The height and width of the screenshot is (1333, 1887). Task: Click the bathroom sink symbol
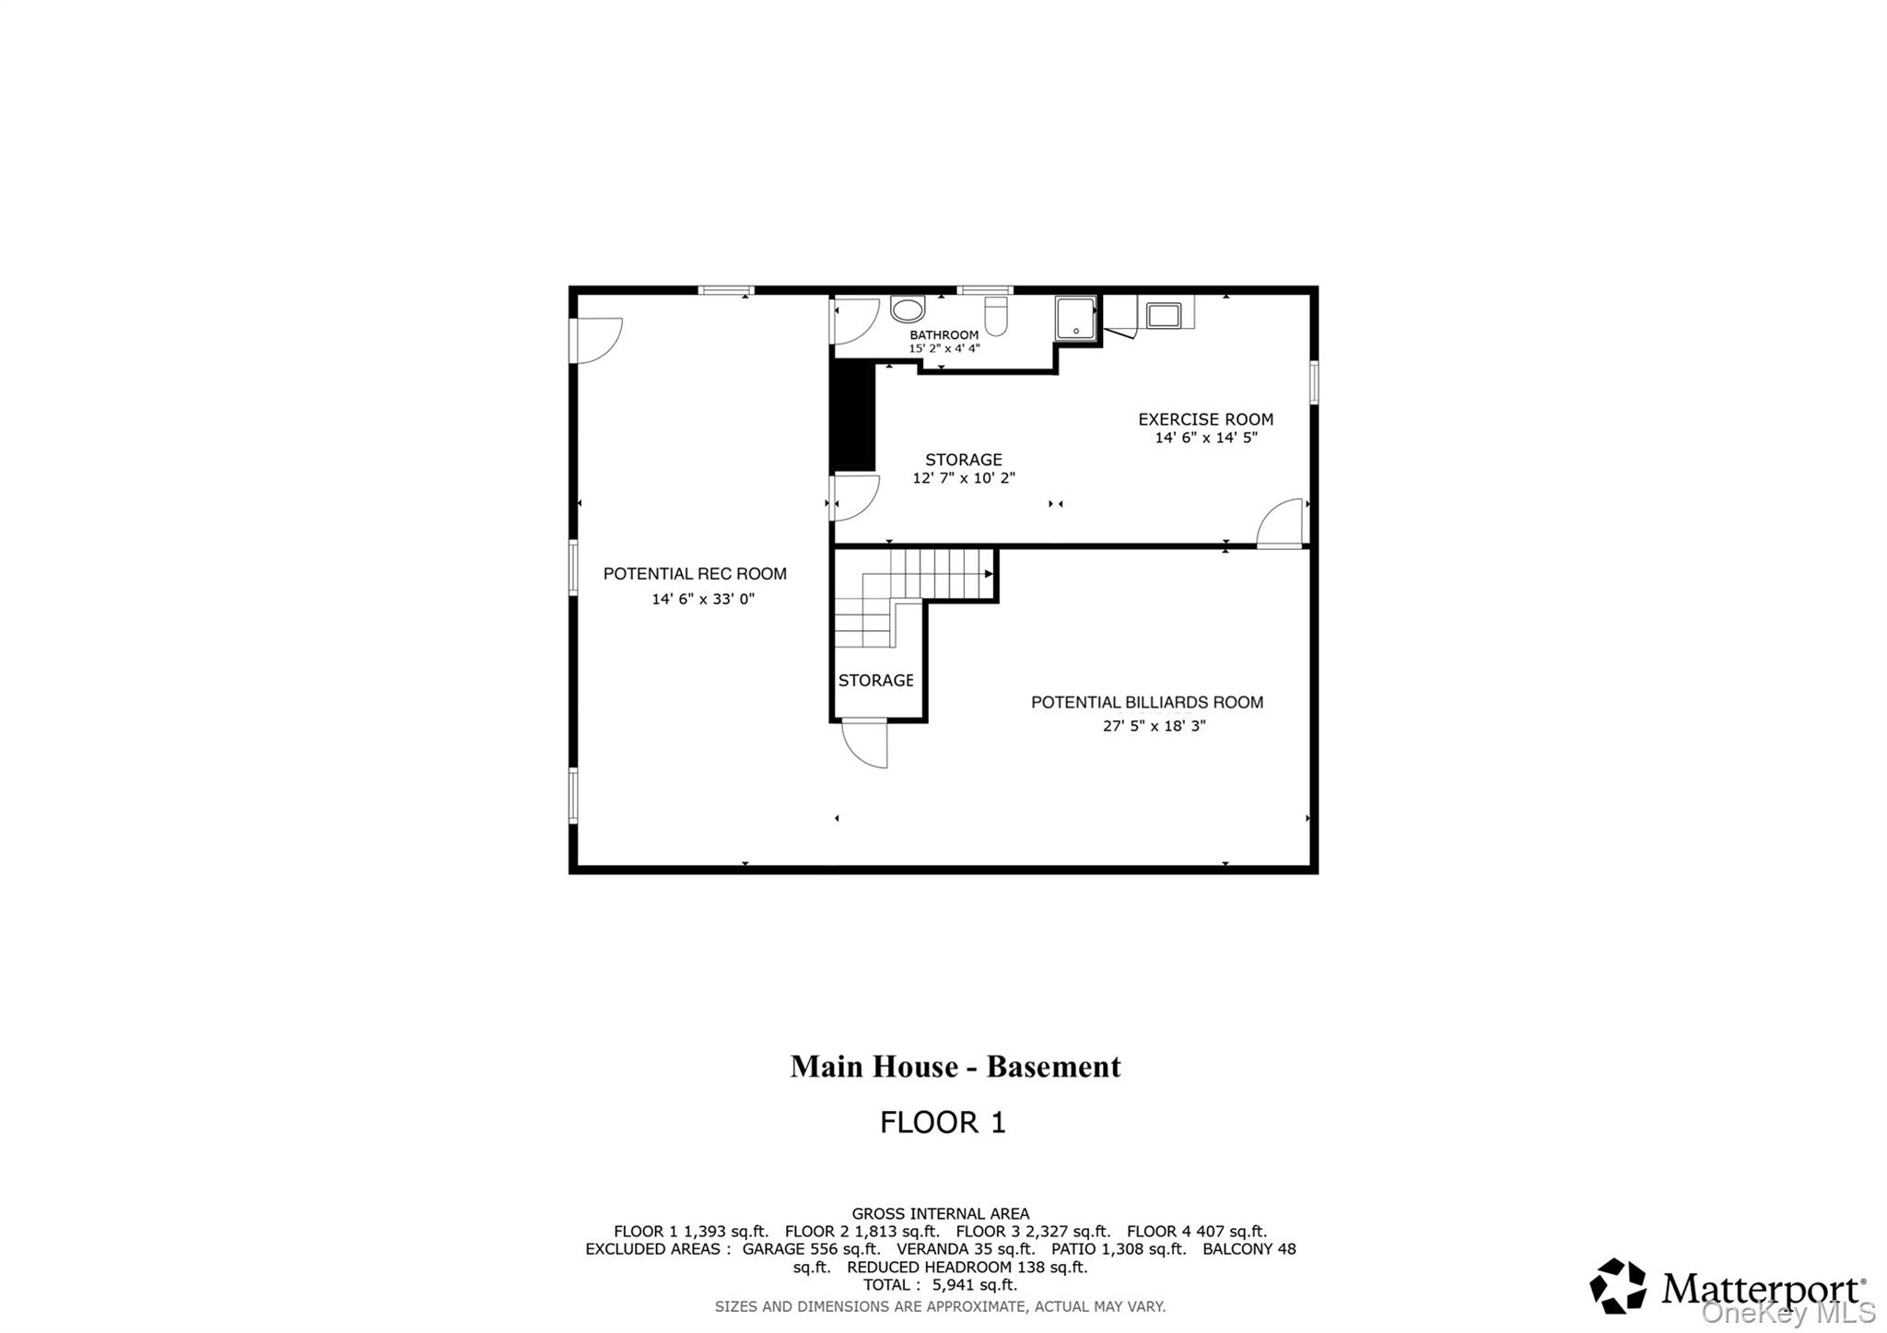click(908, 310)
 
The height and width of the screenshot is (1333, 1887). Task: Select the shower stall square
click(1075, 319)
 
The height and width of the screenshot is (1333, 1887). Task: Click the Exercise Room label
click(1205, 419)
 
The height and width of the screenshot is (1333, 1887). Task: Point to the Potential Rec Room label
click(695, 574)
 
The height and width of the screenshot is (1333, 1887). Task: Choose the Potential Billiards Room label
click(1146, 702)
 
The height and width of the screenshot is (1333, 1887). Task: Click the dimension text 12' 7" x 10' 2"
click(964, 478)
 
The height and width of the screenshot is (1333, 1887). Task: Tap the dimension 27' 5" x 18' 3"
click(1154, 726)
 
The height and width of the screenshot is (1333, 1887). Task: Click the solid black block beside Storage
click(852, 416)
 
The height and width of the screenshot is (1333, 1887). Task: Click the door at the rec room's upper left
click(597, 340)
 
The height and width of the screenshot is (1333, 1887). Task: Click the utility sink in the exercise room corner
click(1163, 315)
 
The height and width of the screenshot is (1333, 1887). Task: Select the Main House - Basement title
click(955, 1067)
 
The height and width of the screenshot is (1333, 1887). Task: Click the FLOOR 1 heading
click(943, 1122)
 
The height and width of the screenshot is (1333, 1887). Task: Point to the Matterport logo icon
click(1618, 1285)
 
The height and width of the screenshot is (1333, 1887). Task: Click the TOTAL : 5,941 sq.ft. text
click(940, 1285)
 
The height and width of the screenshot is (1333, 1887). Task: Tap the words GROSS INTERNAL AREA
click(940, 1214)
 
